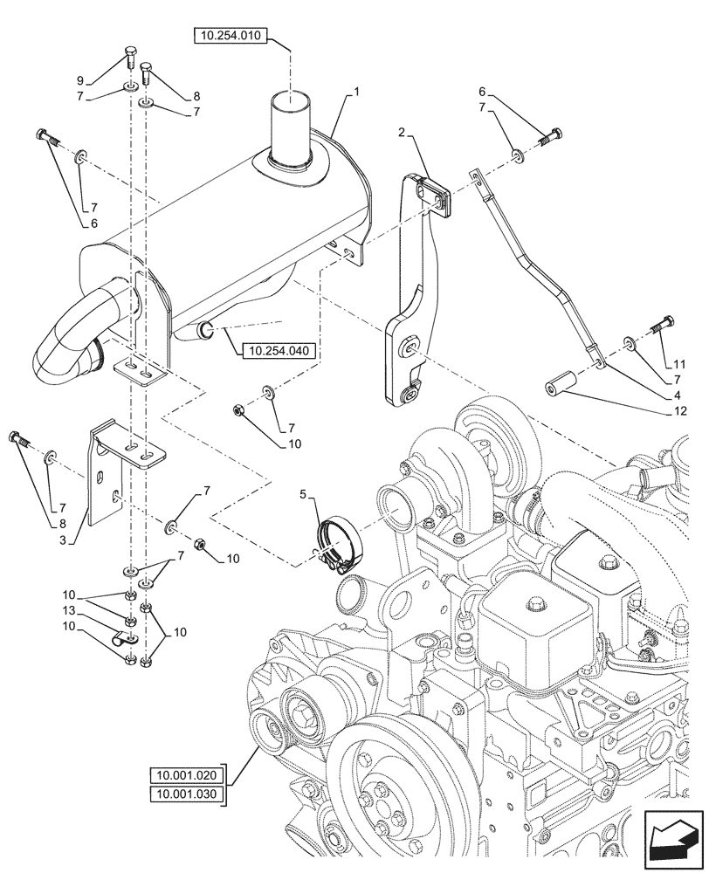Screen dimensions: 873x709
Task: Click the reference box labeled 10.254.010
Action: pos(229,37)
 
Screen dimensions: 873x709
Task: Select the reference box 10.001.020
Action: pos(186,774)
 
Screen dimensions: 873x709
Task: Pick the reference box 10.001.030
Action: pos(186,793)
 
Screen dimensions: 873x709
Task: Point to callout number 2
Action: pos(401,133)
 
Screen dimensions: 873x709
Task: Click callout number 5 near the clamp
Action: pos(304,494)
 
